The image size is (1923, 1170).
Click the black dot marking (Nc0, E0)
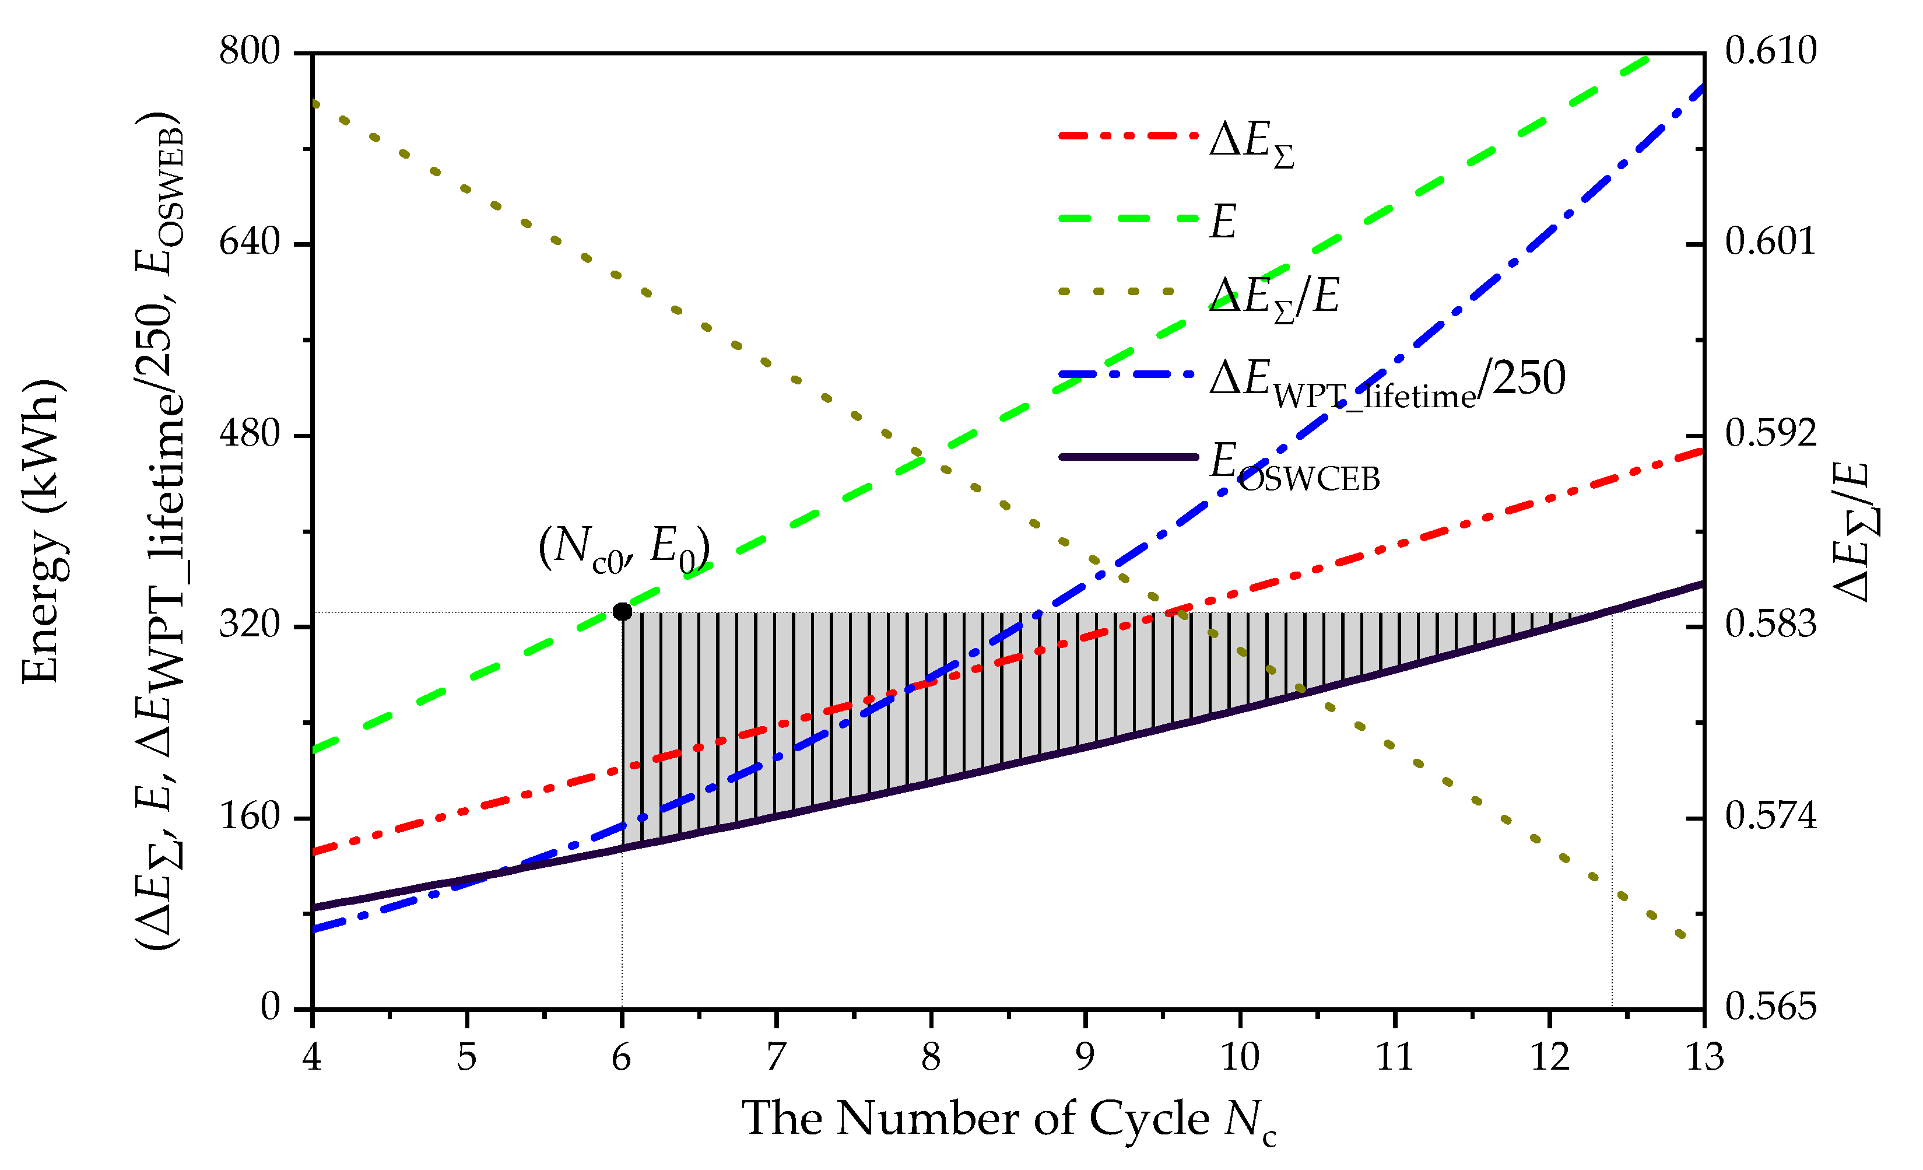[622, 611]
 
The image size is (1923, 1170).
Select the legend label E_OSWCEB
[1294, 467]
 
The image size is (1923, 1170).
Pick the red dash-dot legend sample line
[1128, 136]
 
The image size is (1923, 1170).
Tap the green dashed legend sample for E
[1128, 219]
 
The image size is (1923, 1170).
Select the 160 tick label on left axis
[250, 817]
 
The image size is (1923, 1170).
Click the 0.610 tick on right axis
[1771, 51]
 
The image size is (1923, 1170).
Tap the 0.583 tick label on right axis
[1771, 625]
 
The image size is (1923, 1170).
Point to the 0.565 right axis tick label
[1771, 1007]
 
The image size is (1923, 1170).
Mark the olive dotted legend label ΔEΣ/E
[1273, 298]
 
